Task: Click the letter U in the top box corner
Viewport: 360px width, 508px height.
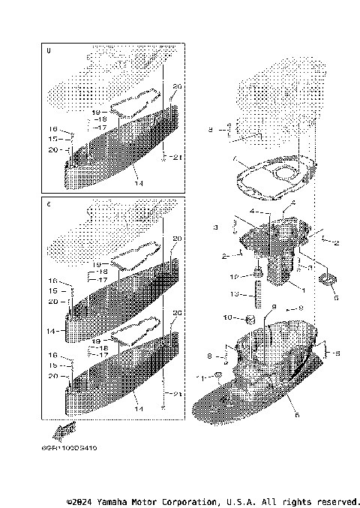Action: (x=49, y=51)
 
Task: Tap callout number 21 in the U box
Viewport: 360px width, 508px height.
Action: (x=177, y=157)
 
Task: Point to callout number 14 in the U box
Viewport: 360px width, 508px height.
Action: (x=138, y=182)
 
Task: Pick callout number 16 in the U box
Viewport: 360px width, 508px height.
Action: (x=53, y=130)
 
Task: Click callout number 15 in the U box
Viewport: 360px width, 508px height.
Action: (x=53, y=139)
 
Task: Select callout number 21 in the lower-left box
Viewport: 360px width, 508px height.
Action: (x=177, y=394)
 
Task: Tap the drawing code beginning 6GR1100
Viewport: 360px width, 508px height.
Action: (x=74, y=448)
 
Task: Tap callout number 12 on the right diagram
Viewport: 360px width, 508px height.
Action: (x=234, y=277)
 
